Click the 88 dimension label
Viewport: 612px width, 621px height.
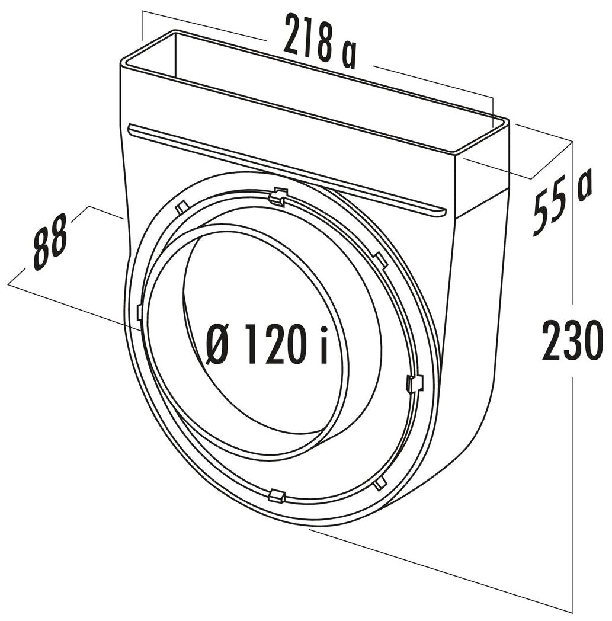(x=50, y=247)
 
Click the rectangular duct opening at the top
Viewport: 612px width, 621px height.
(x=314, y=89)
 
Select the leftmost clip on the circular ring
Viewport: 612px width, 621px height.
(x=139, y=312)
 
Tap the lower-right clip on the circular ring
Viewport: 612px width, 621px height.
(x=380, y=484)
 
